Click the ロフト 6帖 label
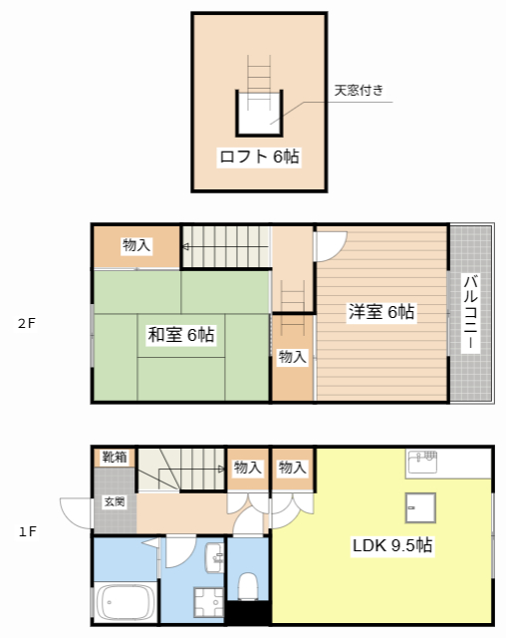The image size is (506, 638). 259,157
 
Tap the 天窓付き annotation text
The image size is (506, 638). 359,90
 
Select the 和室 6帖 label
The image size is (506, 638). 181,335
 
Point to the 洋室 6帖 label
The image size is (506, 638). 381,312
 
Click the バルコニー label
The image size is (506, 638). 471,312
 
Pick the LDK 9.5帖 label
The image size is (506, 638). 392,545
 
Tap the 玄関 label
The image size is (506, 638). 115,501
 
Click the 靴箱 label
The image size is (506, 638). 115,457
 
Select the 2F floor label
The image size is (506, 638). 27,323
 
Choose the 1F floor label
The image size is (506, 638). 28,531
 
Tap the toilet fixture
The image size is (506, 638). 247,586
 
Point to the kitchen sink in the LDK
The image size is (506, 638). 422,462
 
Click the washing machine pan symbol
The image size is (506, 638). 209,602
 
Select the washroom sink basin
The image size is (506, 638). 214,558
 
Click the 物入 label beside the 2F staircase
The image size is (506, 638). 137,245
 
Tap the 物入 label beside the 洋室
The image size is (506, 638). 292,357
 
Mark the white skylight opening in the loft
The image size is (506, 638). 259,113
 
